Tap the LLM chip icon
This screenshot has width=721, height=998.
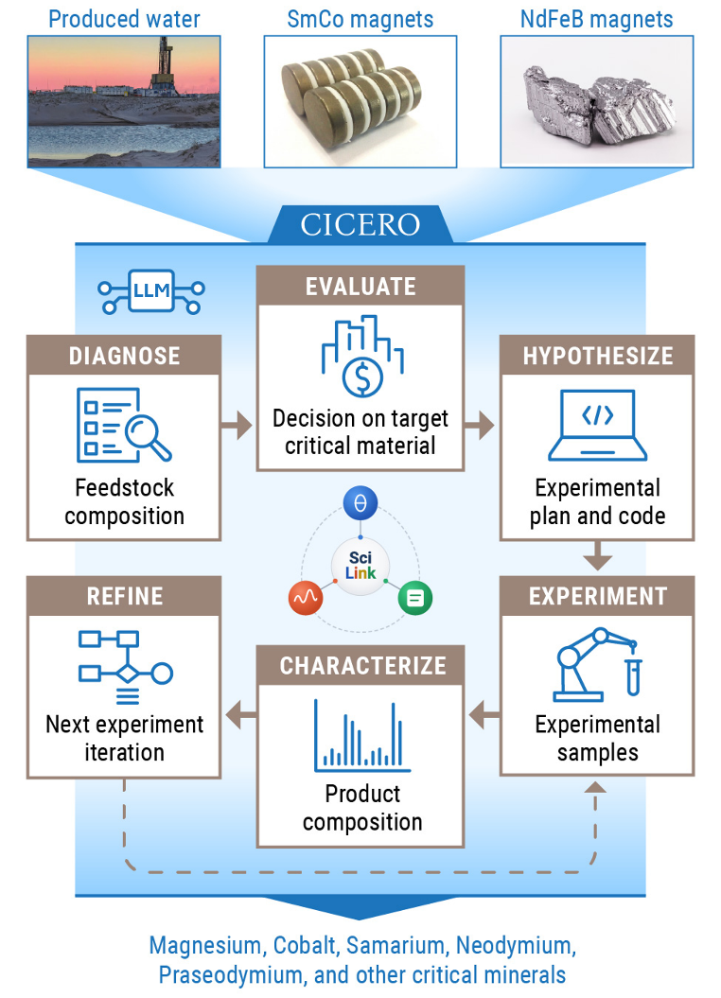(151, 292)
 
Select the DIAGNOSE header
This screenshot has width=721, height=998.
(124, 355)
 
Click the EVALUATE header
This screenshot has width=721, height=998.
(360, 286)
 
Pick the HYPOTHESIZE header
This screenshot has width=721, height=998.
(597, 355)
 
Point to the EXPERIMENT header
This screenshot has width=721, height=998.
(597, 596)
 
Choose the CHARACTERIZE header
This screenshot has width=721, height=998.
(360, 665)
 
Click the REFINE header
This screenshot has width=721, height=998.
(124, 596)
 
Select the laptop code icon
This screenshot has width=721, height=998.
(597, 422)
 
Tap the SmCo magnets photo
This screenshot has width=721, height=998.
(360, 101)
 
